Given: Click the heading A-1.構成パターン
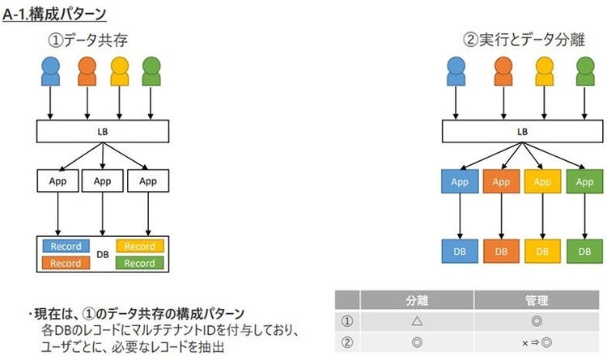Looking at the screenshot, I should [54, 15].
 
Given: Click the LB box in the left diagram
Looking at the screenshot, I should [103, 130].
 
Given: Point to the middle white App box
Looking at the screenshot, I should [102, 181].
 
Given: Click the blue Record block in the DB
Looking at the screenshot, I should [66, 246].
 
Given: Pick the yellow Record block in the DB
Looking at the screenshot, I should [140, 246].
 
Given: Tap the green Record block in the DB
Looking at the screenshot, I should [140, 263].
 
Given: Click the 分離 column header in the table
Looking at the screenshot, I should [414, 300].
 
